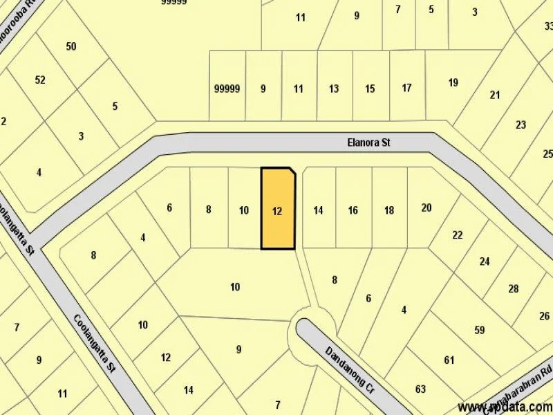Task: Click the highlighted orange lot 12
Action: [278, 210]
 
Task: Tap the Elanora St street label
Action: [368, 143]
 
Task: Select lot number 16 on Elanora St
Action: [353, 210]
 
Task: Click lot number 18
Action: [389, 210]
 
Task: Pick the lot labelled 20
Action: [427, 207]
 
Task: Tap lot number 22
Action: [458, 235]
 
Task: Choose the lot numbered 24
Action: [485, 261]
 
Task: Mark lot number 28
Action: [513, 288]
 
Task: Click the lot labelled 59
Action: [480, 330]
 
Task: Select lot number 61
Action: [450, 360]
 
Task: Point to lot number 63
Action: [420, 389]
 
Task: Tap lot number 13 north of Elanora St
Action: [334, 89]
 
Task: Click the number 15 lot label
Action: [370, 89]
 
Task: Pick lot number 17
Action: [407, 88]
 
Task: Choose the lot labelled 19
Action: [453, 83]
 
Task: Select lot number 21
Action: [495, 95]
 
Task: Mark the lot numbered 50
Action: [71, 46]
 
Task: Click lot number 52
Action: [40, 80]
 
